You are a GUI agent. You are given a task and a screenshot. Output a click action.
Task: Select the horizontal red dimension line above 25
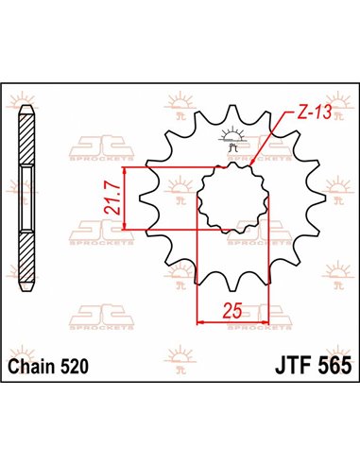point(232,322)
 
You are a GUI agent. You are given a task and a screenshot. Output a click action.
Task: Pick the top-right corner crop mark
point(350,92)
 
